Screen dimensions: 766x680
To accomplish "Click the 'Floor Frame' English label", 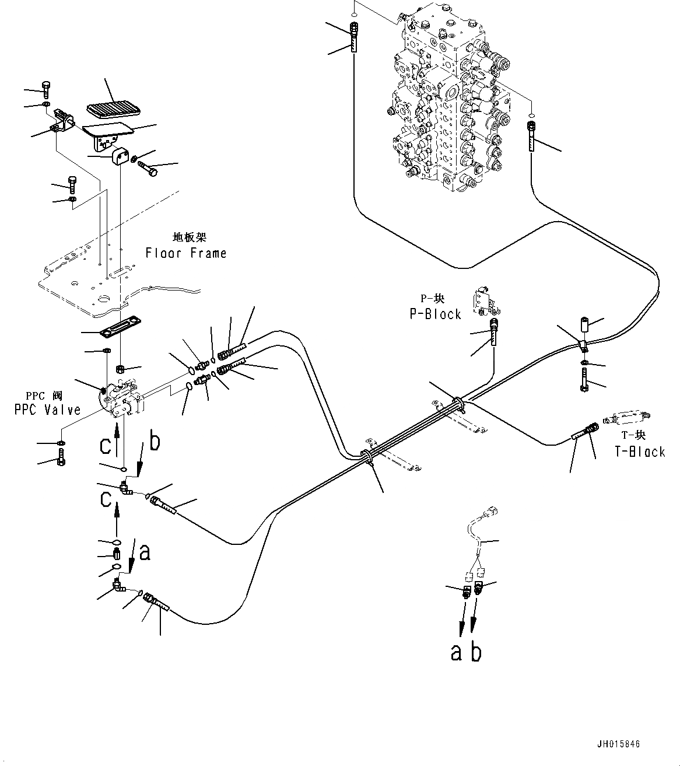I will [185, 253].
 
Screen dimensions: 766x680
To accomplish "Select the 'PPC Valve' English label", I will [48, 410].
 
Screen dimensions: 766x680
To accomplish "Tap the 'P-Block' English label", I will [435, 314].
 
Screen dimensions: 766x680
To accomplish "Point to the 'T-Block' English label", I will [639, 452].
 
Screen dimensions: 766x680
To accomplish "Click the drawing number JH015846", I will [618, 744].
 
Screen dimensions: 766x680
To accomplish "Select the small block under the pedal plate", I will [120, 156].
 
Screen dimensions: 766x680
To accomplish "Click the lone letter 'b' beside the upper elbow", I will [154, 442].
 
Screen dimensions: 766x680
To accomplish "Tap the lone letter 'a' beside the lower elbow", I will [145, 551].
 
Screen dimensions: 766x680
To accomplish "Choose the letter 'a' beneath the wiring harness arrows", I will [456, 652].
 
